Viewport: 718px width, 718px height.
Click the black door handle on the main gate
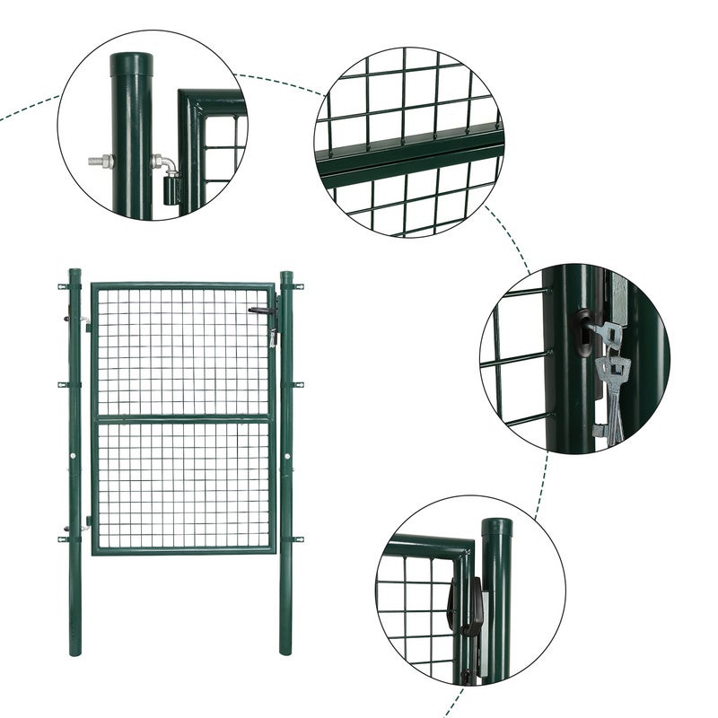[x=261, y=311]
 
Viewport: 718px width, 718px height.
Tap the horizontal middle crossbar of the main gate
[x=183, y=418]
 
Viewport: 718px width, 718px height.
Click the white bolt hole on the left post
[x=74, y=456]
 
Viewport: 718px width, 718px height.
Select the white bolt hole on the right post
[x=287, y=456]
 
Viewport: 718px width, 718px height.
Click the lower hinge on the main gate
[x=86, y=524]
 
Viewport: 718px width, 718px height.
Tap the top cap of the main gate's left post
[x=74, y=272]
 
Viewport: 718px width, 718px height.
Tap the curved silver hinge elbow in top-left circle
[x=162, y=164]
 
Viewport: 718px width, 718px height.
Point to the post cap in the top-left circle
[x=132, y=63]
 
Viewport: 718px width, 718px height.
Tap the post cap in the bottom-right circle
[x=496, y=529]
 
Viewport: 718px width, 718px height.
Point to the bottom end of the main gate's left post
[x=74, y=650]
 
